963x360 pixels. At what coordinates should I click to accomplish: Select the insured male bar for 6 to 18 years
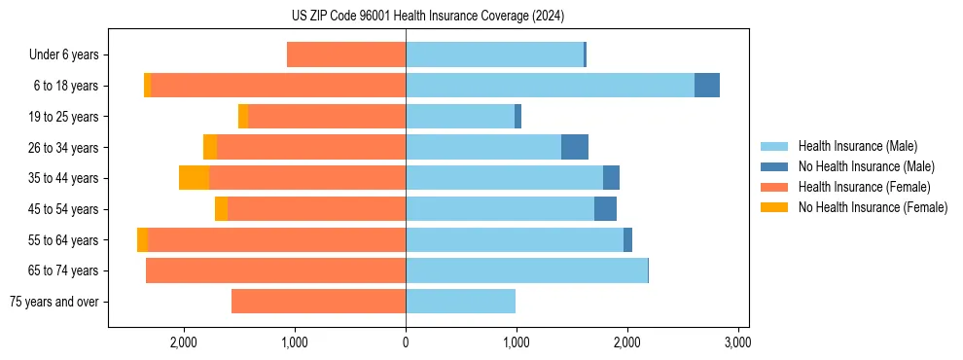tap(550, 86)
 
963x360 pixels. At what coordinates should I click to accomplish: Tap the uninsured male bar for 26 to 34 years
tap(575, 147)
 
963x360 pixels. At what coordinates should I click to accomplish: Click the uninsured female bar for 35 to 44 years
tap(194, 178)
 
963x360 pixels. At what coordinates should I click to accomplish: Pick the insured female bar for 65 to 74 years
tap(275, 270)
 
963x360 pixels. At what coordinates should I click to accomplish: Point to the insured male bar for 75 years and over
tap(460, 302)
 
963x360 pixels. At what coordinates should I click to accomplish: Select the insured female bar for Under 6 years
tap(346, 54)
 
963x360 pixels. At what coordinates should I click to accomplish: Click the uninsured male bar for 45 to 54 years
tap(605, 209)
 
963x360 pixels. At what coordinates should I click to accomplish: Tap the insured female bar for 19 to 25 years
tap(327, 117)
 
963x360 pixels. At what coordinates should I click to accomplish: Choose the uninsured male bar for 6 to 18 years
tap(707, 86)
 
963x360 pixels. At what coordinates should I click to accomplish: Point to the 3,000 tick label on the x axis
tap(737, 342)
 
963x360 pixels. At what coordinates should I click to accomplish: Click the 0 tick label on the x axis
tap(406, 342)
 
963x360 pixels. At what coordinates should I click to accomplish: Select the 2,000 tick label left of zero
tap(184, 342)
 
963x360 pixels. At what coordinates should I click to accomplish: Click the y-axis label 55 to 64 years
tap(63, 240)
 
